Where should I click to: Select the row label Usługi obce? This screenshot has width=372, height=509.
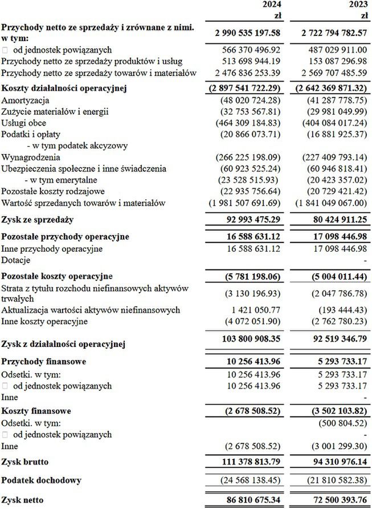tap(24, 123)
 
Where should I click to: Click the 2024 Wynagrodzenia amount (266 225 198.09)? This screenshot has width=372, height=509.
tap(248, 157)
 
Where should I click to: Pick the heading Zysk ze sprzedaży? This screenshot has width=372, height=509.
tap(38, 220)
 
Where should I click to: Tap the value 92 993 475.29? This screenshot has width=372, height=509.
tap(248, 220)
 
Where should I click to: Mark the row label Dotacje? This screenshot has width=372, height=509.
tap(17, 260)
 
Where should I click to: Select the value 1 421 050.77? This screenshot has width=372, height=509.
tap(252, 310)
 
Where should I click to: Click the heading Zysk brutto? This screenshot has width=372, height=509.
tap(25, 460)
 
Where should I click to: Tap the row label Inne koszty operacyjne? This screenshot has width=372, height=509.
tap(44, 321)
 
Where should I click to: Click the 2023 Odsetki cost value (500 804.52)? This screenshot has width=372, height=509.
tap(338, 423)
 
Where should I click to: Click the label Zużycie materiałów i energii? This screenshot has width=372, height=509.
tap(55, 111)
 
